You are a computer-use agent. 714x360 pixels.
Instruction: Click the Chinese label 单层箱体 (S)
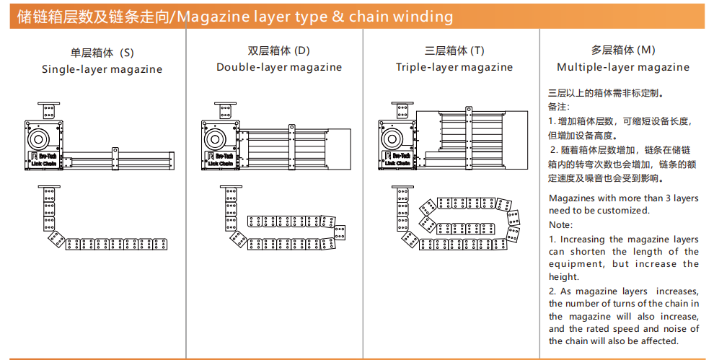click(x=102, y=53)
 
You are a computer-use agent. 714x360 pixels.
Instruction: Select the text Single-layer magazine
click(x=102, y=70)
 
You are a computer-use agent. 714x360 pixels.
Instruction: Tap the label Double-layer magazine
click(x=279, y=67)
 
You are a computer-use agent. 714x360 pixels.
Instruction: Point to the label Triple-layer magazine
click(x=454, y=67)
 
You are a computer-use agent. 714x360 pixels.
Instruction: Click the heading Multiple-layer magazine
click(x=623, y=67)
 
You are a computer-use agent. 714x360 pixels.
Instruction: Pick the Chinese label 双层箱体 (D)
click(x=279, y=51)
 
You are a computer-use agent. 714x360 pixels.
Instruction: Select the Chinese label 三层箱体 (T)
click(x=454, y=51)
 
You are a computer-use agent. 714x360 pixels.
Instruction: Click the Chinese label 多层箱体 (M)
click(x=623, y=51)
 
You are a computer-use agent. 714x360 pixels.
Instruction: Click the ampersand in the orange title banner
click(x=338, y=17)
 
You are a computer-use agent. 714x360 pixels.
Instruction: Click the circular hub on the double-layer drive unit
click(x=214, y=138)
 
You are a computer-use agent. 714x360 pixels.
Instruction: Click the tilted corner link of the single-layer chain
click(x=55, y=238)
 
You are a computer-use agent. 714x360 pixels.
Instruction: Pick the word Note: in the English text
click(x=561, y=224)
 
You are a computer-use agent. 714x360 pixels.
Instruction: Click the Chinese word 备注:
click(x=560, y=107)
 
